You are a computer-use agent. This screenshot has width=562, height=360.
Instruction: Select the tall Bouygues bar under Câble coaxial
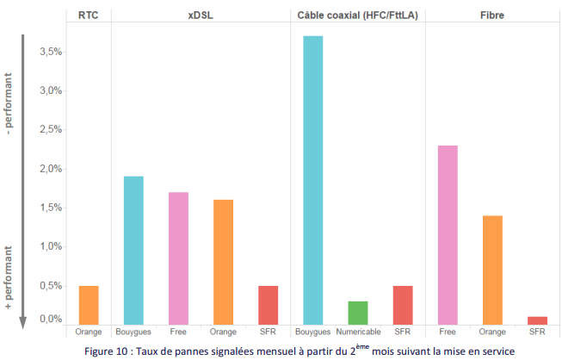pos(312,179)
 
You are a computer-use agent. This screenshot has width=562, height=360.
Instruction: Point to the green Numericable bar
pos(357,313)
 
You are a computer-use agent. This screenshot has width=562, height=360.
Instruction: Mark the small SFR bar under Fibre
pos(537,320)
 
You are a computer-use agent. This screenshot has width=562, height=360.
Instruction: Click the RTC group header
pos(88,15)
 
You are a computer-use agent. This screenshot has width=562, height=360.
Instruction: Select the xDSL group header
pos(201,15)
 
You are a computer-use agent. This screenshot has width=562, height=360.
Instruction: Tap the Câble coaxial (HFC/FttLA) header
pos(357,15)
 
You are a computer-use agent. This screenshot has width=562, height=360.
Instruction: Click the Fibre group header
pos(491,15)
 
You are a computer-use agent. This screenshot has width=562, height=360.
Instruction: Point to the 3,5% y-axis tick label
pos(51,52)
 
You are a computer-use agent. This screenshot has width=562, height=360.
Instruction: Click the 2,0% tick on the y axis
pos(51,169)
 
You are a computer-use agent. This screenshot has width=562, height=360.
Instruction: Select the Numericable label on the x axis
pos(358,332)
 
